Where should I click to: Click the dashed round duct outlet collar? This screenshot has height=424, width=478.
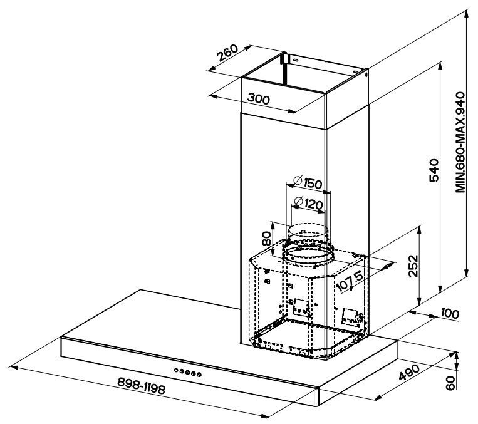[307, 254]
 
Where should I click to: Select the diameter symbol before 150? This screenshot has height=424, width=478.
[296, 183]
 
